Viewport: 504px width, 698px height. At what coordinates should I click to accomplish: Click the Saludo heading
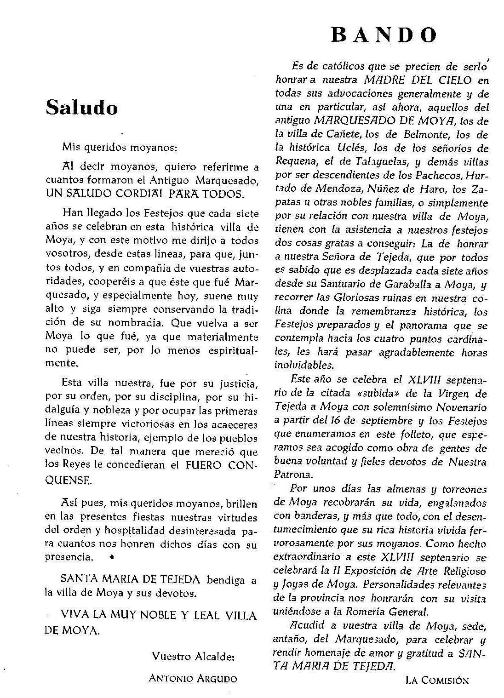click(82, 108)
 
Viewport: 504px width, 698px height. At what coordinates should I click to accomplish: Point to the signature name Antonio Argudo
click(193, 678)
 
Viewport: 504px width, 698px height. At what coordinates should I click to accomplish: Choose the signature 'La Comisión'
click(437, 680)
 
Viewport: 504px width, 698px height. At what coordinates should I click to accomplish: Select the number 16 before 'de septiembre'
click(336, 420)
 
